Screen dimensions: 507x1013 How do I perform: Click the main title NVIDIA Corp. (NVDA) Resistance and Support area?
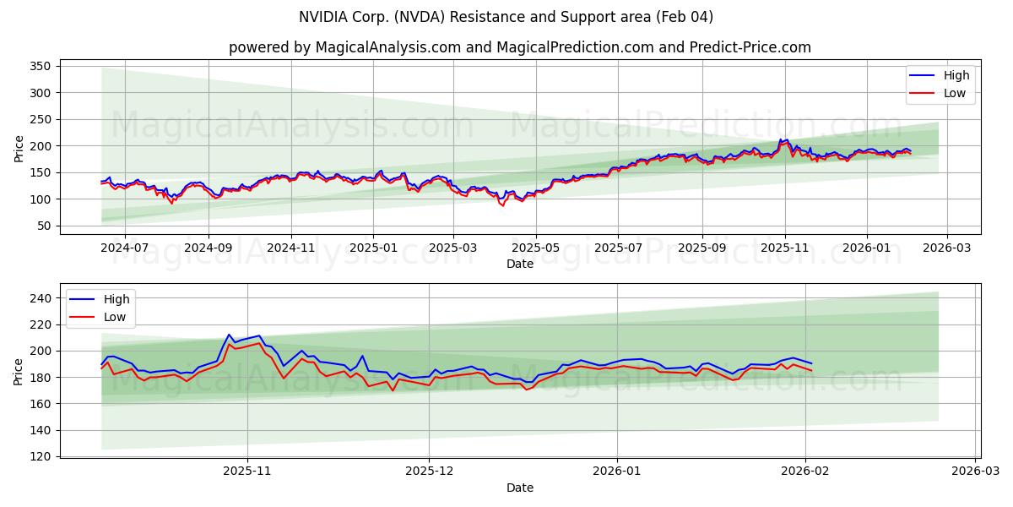(x=506, y=17)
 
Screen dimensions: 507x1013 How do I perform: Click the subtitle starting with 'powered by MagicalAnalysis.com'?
(x=520, y=47)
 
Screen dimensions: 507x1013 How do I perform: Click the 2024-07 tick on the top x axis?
(x=125, y=248)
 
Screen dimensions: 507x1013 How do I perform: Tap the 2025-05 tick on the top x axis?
(x=536, y=248)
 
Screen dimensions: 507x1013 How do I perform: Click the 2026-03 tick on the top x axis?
(x=946, y=248)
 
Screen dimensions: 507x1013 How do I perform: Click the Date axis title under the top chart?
(x=520, y=264)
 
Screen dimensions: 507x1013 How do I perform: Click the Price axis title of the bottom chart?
(x=19, y=370)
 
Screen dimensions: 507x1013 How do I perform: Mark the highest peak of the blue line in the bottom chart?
(x=229, y=335)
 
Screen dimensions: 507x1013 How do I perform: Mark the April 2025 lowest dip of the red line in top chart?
(x=503, y=205)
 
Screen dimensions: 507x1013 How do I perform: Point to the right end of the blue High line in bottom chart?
(x=811, y=363)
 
